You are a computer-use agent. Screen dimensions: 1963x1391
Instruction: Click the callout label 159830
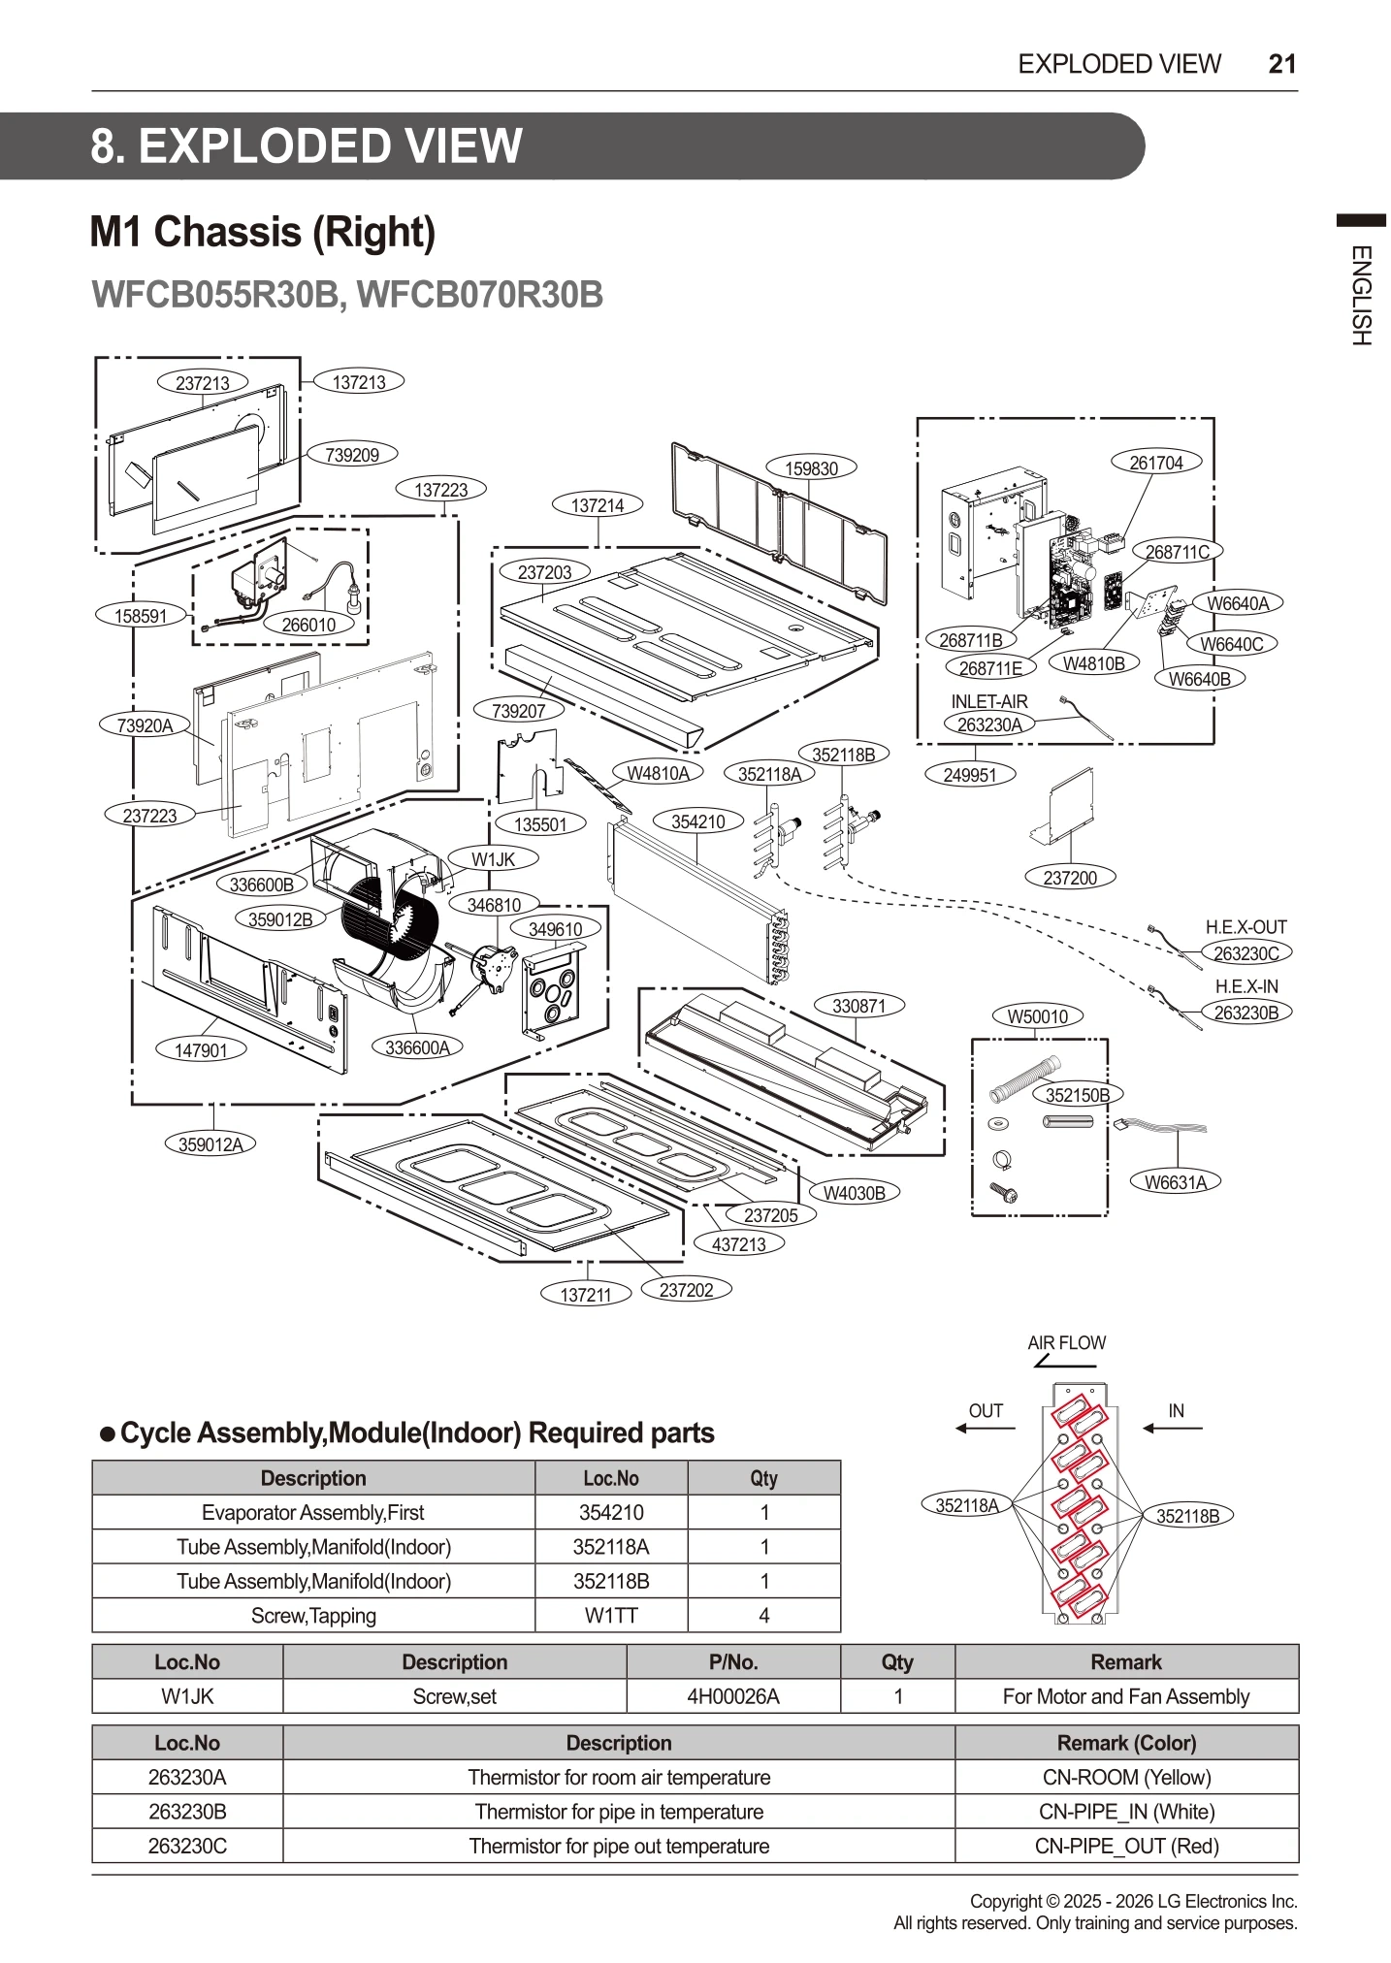pos(811,468)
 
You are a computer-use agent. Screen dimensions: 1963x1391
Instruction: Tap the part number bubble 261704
pos(1156,463)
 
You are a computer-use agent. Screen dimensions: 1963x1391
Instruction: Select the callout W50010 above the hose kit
pos(1037,1016)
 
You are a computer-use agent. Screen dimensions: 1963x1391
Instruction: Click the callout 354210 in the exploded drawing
pos(697,821)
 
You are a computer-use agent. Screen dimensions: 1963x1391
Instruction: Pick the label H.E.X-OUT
pos(1245,927)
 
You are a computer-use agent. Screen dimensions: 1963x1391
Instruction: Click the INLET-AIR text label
pos(988,701)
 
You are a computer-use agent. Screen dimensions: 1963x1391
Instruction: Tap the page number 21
pos(1281,64)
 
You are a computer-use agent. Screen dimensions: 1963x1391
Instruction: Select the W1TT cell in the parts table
pos(610,1615)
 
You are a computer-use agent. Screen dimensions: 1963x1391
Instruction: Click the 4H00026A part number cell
pos(732,1696)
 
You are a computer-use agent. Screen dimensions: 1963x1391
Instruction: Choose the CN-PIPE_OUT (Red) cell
pos(1126,1846)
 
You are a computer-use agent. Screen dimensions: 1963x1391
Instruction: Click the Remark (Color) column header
pos(1126,1743)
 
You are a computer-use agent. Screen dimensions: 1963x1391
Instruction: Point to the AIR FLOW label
pos(1066,1342)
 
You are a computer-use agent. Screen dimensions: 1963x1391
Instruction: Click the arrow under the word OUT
pos(985,1429)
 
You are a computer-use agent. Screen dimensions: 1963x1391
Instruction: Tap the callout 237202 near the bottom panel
pos(686,1290)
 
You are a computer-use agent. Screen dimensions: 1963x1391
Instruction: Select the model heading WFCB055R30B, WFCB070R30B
pos(346,295)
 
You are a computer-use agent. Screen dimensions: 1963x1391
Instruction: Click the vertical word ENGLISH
pos(1360,296)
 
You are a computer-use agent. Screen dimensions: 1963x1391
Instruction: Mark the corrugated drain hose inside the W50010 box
pos(1024,1078)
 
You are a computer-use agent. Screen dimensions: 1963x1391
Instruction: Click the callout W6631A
pos(1175,1181)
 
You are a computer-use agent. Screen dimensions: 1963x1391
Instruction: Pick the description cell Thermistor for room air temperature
pos(619,1777)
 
